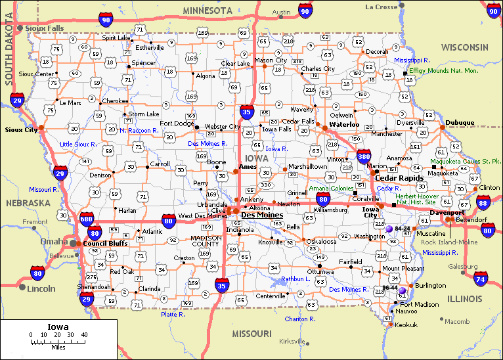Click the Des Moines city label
(262, 215)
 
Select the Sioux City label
(19, 129)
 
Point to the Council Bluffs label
(105, 244)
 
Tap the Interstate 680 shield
(86, 219)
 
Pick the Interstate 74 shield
(481, 280)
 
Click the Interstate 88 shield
(483, 203)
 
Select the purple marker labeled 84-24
(389, 229)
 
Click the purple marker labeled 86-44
(402, 290)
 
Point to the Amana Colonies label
(331, 189)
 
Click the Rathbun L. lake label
(295, 279)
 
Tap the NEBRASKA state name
(28, 203)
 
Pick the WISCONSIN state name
(464, 47)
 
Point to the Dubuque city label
(460, 123)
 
